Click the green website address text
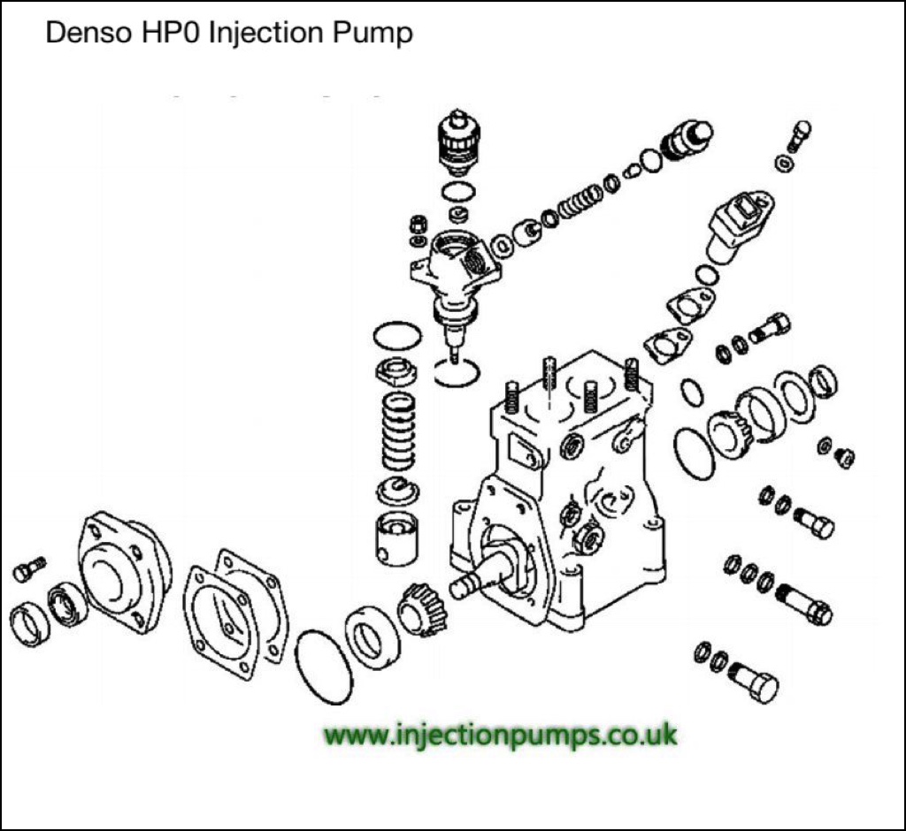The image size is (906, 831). click(501, 734)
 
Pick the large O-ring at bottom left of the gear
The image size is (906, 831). click(324, 667)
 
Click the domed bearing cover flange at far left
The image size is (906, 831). click(123, 569)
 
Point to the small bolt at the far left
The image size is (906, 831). click(28, 568)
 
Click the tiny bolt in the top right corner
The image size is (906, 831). click(798, 135)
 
